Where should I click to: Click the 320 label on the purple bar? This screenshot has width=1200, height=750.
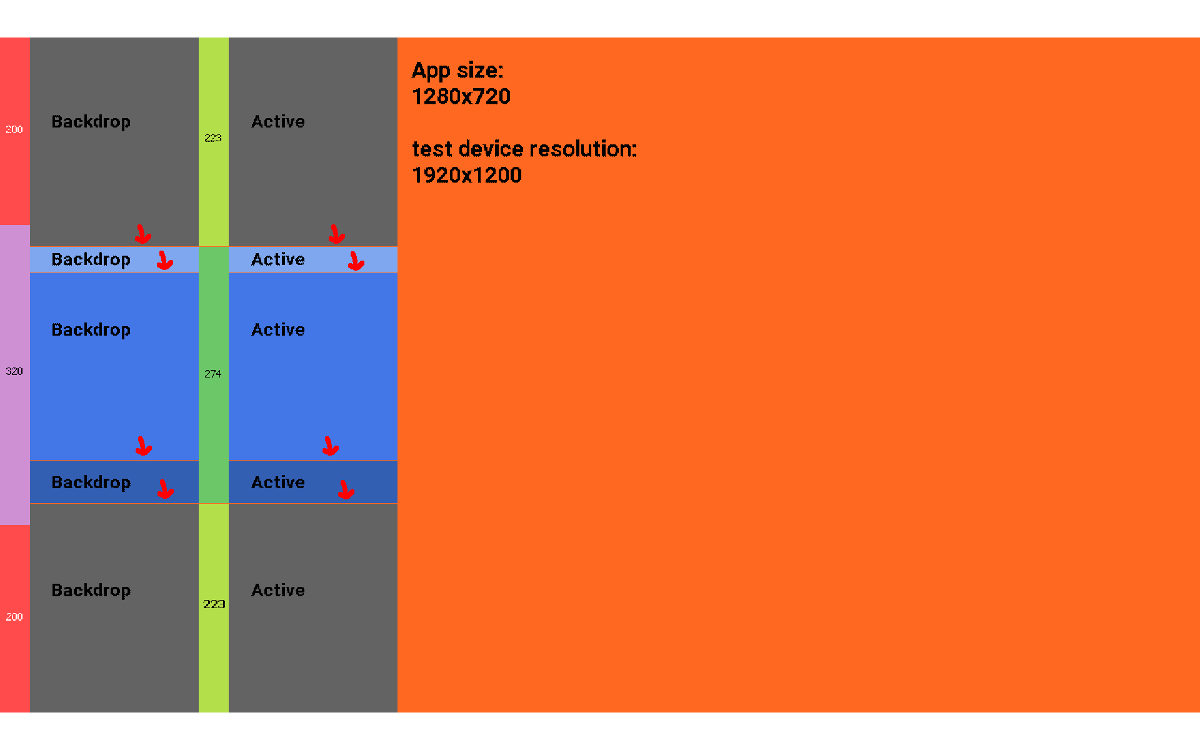[x=14, y=371]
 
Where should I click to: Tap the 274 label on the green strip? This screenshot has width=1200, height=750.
[x=213, y=374]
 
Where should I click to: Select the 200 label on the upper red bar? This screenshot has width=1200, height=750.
[x=14, y=129]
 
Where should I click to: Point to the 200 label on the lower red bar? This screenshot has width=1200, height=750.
[x=14, y=617]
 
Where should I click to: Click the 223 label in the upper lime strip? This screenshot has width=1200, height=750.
[x=213, y=137]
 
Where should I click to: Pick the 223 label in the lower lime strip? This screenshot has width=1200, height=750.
[x=214, y=604]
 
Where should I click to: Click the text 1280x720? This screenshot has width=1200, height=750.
[x=461, y=96]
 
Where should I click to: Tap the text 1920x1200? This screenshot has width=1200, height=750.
[x=467, y=175]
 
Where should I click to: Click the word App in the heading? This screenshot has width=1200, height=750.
[x=431, y=71]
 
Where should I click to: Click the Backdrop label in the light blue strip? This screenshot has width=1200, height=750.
[x=91, y=260]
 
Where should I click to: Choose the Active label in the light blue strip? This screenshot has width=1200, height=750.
[x=278, y=259]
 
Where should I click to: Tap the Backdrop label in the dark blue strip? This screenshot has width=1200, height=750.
[x=91, y=483]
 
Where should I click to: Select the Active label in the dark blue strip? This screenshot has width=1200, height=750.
[x=278, y=482]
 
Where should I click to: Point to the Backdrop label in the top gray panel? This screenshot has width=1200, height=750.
[x=91, y=122]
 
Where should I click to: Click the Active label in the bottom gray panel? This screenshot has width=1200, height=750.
[x=278, y=590]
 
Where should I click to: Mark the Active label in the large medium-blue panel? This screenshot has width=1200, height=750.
[x=278, y=329]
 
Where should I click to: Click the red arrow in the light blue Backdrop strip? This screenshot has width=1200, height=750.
[x=165, y=261]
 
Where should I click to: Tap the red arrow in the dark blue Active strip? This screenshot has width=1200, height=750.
[x=346, y=489]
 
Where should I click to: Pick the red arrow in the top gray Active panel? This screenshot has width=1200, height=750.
[x=337, y=234]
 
